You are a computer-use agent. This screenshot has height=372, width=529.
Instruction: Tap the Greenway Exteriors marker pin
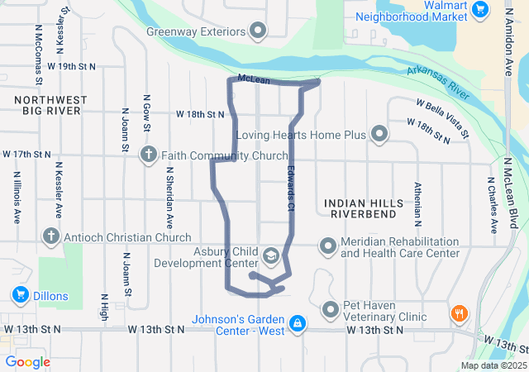(259, 32)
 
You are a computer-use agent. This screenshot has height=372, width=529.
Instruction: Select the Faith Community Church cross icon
(149, 154)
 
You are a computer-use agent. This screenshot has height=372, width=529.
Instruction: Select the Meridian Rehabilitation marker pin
(328, 246)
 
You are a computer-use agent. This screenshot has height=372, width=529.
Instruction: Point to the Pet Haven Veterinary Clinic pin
(331, 310)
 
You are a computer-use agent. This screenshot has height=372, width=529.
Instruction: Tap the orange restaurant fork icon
(457, 314)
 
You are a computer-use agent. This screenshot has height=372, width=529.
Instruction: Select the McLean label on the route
(253, 79)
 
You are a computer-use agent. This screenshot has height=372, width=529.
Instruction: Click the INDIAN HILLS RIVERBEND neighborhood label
(364, 207)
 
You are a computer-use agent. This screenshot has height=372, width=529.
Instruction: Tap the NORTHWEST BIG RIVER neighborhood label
(50, 104)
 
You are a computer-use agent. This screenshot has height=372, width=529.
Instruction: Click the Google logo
(27, 362)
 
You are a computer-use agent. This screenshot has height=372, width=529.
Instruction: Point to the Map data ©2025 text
(493, 365)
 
